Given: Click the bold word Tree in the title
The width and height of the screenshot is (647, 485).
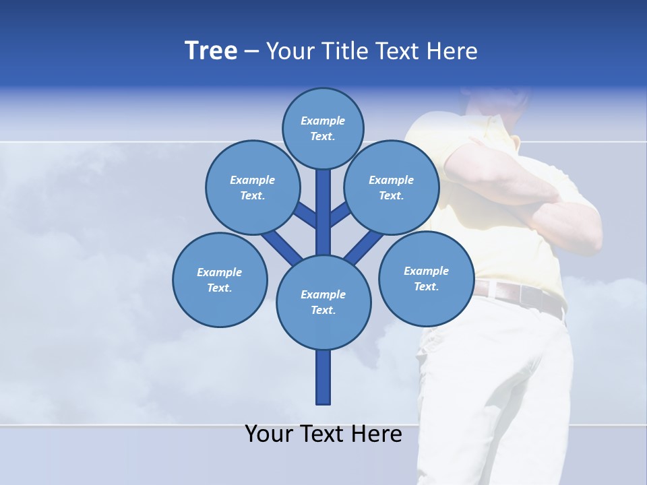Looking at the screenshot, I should click(211, 51).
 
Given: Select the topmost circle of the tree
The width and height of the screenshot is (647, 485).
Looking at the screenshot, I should click(323, 128).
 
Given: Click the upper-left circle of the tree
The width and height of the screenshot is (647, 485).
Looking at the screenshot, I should click(252, 187).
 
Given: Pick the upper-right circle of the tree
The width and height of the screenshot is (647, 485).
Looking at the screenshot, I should click(391, 187).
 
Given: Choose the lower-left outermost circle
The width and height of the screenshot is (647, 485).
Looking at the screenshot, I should click(220, 280).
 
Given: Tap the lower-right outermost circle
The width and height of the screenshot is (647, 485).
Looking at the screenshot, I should click(426, 278).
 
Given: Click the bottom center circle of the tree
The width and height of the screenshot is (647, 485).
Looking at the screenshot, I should click(323, 302).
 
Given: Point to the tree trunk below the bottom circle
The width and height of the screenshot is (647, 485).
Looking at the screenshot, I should click(323, 377).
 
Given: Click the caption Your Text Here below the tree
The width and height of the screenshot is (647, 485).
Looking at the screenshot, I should click(323, 434).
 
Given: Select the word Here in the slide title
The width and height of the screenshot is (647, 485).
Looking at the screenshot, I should click(453, 51).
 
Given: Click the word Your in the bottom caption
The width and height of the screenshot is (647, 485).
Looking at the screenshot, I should click(268, 434).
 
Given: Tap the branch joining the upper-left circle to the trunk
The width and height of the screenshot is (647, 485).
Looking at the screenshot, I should click(305, 214).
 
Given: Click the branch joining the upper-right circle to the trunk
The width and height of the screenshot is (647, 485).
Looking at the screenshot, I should click(340, 214).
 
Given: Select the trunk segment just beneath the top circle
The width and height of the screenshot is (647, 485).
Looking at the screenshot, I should click(323, 202).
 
